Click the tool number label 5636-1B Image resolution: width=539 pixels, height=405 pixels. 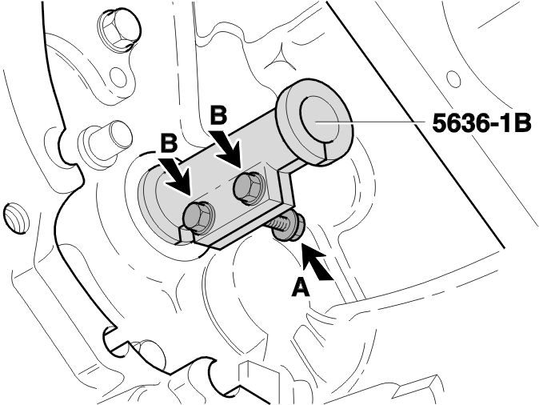[481, 122]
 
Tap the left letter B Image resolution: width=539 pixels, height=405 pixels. [169, 142]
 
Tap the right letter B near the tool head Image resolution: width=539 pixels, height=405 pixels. [218, 115]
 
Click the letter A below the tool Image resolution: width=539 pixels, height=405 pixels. [301, 287]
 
